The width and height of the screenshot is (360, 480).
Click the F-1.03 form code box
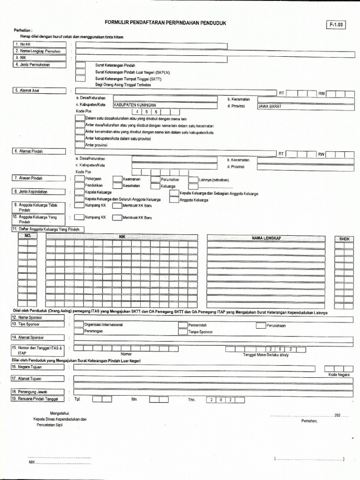click(x=335, y=25)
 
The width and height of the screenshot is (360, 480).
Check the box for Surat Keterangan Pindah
click(x=81, y=65)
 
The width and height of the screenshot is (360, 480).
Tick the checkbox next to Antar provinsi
click(x=80, y=145)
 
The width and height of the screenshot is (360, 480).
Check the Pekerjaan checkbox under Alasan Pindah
click(x=79, y=179)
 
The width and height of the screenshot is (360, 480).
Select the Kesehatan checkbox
click(x=117, y=186)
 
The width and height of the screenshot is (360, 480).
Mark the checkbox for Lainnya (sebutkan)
click(x=193, y=179)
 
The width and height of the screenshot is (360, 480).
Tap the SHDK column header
click(x=344, y=239)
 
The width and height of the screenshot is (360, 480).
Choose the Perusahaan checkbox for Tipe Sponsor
click(x=261, y=325)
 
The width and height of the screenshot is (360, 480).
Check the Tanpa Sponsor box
click(x=182, y=332)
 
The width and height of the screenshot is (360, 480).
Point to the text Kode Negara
click(x=337, y=375)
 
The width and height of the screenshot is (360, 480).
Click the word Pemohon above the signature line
click(x=309, y=421)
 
